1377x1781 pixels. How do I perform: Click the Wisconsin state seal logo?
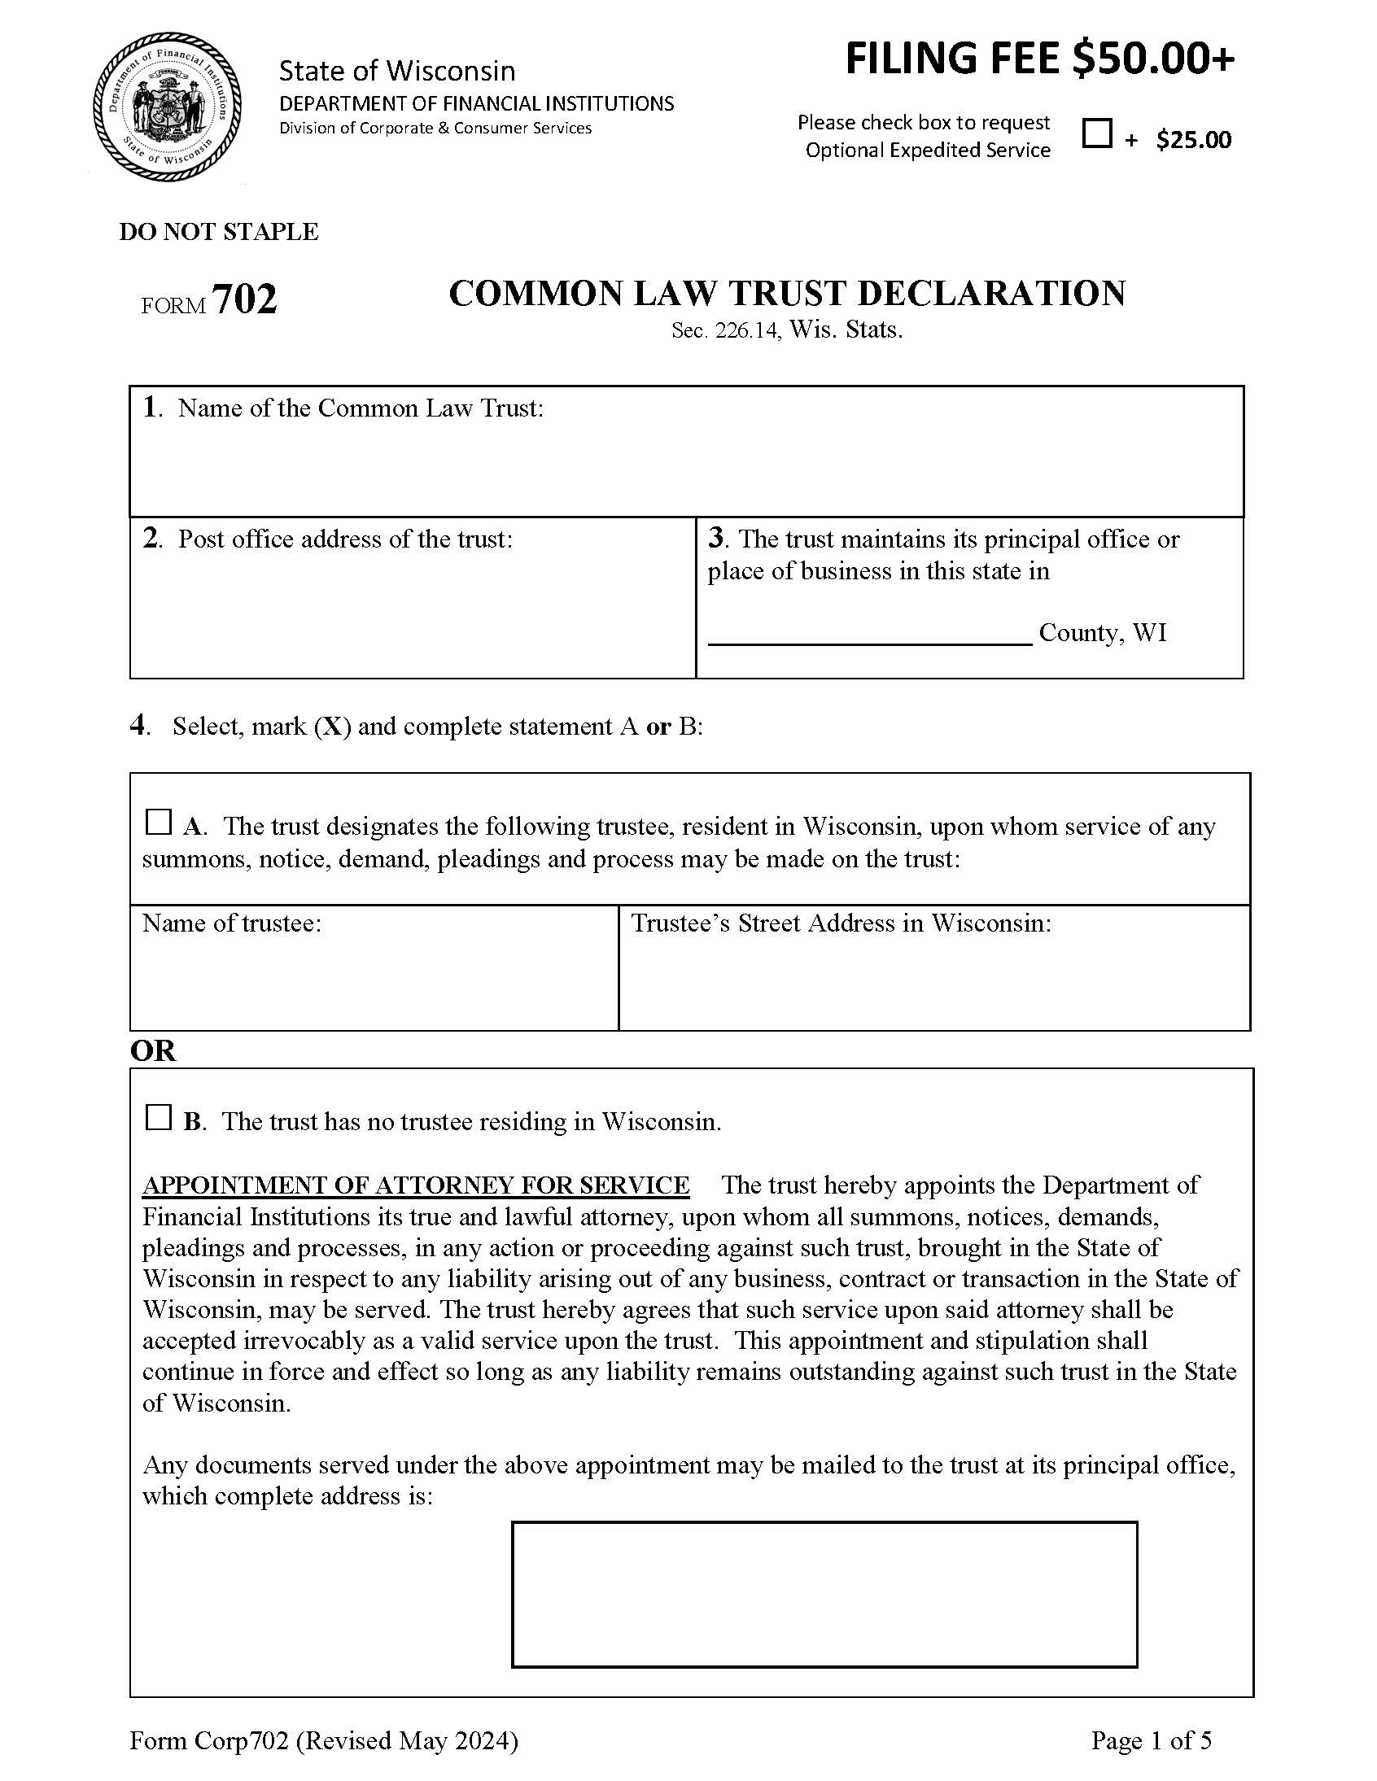click(167, 107)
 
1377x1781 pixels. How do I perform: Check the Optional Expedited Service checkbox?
click(1096, 133)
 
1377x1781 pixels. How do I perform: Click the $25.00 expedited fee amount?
click(1193, 140)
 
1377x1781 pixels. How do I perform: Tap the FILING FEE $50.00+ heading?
click(1039, 59)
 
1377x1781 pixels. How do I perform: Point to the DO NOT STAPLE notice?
click(219, 232)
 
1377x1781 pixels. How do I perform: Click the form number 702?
click(244, 299)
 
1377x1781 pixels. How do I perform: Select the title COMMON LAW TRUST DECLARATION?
click(786, 294)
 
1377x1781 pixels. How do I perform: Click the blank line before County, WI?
click(870, 633)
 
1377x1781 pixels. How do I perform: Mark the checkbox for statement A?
click(157, 822)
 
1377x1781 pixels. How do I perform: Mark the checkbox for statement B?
click(157, 1117)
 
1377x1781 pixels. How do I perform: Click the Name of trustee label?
click(232, 923)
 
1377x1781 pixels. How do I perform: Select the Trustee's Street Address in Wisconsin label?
click(841, 923)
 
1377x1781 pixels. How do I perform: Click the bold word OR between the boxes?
click(152, 1050)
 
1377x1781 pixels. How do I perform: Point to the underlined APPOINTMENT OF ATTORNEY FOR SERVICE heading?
click(416, 1185)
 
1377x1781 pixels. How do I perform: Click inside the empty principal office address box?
click(824, 1593)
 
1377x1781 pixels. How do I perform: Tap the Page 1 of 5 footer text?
click(1151, 1741)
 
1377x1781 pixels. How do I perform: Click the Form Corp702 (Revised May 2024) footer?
click(324, 1741)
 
